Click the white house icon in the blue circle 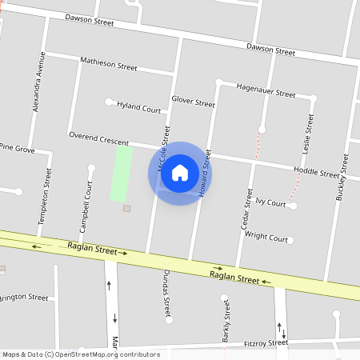(180, 173)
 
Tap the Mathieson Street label (109, 63)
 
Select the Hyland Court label (138, 106)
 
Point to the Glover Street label (193, 102)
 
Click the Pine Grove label (18, 148)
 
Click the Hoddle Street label (316, 171)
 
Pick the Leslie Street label (306, 133)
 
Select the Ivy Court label (270, 203)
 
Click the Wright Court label (266, 238)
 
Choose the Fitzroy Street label (266, 343)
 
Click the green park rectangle (122, 173)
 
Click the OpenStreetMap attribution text (81, 354)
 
